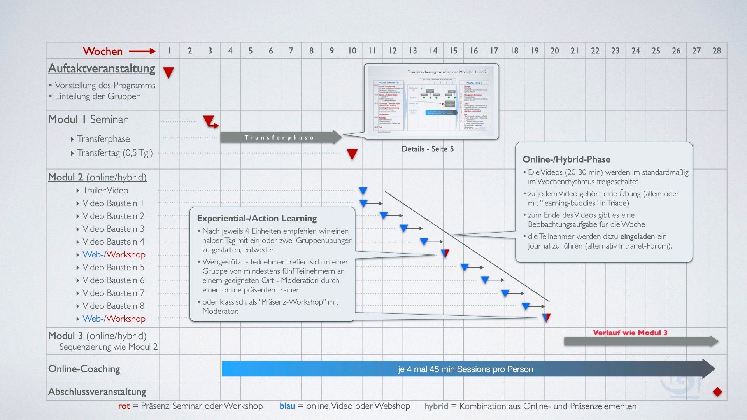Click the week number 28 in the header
click(x=717, y=51)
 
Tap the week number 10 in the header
click(x=352, y=51)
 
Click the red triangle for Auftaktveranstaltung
click(x=168, y=72)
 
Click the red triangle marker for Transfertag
click(x=352, y=154)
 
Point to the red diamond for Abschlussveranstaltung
click(x=717, y=392)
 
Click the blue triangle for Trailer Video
click(x=363, y=191)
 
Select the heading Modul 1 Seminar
click(x=88, y=119)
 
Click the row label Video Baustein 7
click(x=113, y=293)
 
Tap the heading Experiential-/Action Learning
click(x=257, y=218)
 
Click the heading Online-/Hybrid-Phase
click(x=566, y=159)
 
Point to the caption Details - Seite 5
click(x=427, y=149)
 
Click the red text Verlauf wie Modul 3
click(x=630, y=332)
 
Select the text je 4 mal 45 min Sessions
click(x=465, y=369)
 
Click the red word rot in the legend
click(x=124, y=406)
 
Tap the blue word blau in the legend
click(x=287, y=406)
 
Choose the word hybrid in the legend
click(x=436, y=406)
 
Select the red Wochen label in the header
click(x=103, y=51)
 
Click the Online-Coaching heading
click(x=84, y=369)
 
